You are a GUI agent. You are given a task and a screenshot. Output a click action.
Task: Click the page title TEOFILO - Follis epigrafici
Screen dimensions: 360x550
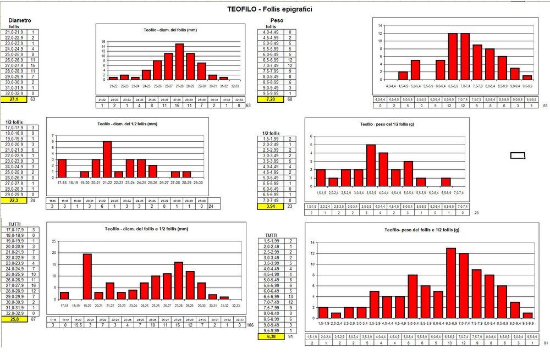click(271, 9)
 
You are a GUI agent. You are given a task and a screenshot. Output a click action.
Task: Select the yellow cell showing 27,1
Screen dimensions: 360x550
click(15, 99)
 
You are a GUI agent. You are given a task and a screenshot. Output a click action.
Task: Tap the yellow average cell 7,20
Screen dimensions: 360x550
click(270, 99)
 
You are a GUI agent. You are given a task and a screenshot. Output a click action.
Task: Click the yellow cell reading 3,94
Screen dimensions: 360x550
click(270, 206)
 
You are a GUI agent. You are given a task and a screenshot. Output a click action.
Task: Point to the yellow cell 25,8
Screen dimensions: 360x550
click(15, 318)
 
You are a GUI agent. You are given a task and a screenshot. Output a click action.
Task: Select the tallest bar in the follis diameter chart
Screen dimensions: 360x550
click(179, 62)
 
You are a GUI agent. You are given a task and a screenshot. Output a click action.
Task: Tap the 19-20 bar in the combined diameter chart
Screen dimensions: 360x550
click(87, 276)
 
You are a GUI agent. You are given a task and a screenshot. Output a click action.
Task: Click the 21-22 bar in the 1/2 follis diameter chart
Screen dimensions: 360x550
click(107, 159)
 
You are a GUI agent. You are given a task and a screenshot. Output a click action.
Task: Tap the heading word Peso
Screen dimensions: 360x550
click(277, 20)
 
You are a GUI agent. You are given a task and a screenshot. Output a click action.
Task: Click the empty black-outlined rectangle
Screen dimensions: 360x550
click(518, 156)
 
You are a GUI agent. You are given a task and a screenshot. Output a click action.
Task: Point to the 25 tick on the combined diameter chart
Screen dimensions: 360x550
click(53, 241)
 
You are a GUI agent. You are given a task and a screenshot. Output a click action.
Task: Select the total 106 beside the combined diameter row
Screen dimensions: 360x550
click(250, 325)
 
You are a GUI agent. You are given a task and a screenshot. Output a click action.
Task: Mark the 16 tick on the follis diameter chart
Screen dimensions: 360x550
click(103, 41)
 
